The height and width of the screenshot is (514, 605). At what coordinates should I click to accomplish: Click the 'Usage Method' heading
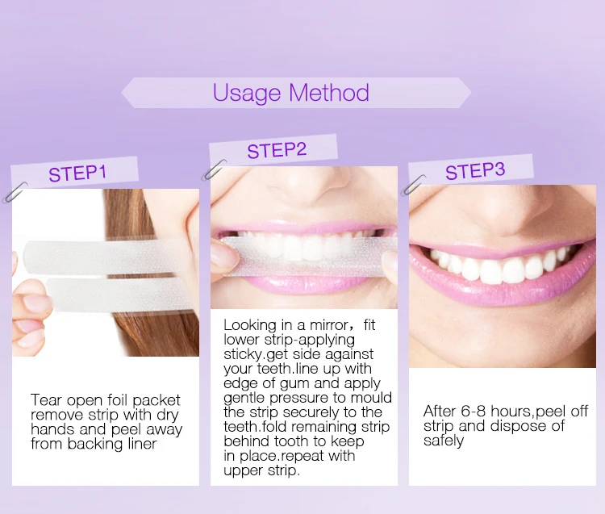click(291, 93)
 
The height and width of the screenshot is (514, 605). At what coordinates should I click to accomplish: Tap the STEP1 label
click(77, 173)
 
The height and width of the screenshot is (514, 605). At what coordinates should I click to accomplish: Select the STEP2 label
click(277, 151)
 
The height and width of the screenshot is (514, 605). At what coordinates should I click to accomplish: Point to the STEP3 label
click(475, 171)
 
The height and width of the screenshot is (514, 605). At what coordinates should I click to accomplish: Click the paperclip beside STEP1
click(15, 193)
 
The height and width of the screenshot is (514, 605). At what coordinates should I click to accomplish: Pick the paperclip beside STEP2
click(214, 169)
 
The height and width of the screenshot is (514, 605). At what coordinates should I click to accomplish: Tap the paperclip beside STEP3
click(413, 186)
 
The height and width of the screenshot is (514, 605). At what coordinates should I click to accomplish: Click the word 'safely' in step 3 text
click(444, 441)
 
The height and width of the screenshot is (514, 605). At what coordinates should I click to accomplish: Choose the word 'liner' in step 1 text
click(142, 444)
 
